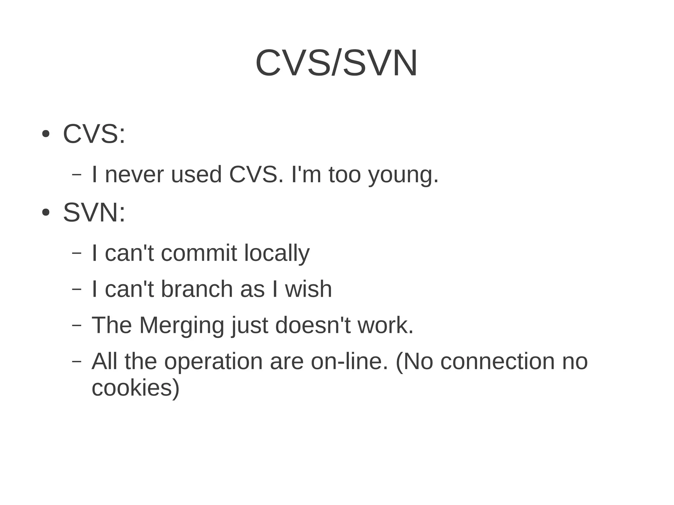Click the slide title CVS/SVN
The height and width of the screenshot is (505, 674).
pos(336,63)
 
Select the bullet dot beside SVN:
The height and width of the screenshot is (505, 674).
pos(46,213)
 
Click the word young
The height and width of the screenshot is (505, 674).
pos(403,175)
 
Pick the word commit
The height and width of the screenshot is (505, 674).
pos(199,253)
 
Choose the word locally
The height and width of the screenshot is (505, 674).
pos(277,254)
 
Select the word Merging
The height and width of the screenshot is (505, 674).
pos(182,326)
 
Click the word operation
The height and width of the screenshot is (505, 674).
pos(213,361)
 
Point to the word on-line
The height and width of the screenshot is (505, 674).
pos(350,361)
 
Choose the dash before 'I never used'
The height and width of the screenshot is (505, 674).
pos(76,175)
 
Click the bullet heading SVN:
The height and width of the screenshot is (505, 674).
pos(94,213)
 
